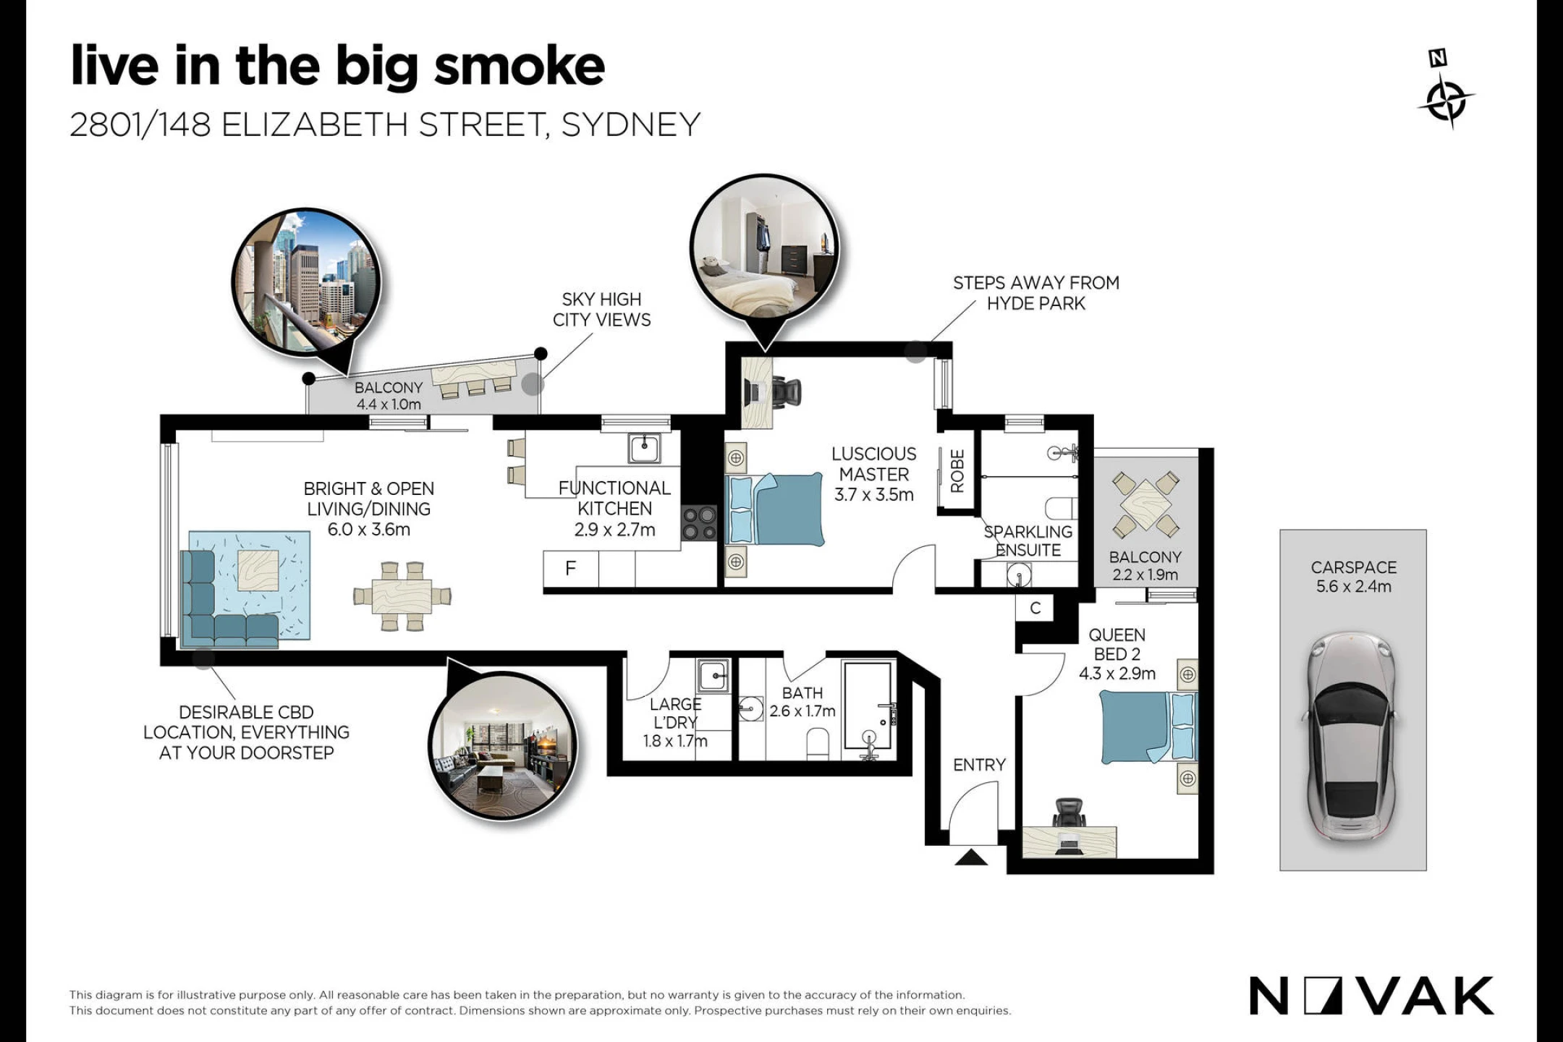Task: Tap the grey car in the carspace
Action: pyautogui.click(x=1351, y=737)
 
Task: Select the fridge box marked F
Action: pyautogui.click(x=571, y=569)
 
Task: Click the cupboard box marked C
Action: pyautogui.click(x=1035, y=608)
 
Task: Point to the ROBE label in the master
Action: pyautogui.click(x=957, y=471)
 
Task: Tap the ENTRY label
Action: pyautogui.click(x=979, y=765)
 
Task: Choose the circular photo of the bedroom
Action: pyautogui.click(x=764, y=248)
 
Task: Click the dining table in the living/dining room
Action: pyautogui.click(x=402, y=596)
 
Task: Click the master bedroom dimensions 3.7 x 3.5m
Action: pyautogui.click(x=874, y=495)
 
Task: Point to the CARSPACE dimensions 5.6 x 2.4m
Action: pyautogui.click(x=1353, y=587)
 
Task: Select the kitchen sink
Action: pyautogui.click(x=644, y=448)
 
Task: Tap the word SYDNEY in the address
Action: pyautogui.click(x=631, y=125)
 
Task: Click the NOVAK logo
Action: pyautogui.click(x=1371, y=996)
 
